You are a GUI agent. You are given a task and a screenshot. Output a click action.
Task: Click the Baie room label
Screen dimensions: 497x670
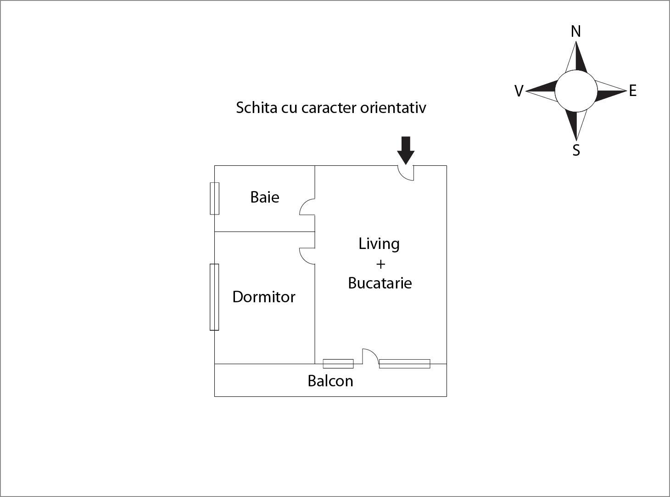(265, 197)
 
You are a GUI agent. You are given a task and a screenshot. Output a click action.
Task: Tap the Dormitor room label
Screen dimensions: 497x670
(264, 297)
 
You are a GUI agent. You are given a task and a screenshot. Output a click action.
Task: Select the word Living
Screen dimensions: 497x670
(379, 244)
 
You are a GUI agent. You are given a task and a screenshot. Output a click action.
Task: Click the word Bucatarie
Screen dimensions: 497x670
(380, 283)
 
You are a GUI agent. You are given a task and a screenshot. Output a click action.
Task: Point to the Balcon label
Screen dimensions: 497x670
(330, 381)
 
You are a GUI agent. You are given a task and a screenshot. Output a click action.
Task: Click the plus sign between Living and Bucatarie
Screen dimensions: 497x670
(380, 264)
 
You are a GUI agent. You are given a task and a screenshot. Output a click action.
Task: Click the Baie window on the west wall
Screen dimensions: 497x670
(214, 198)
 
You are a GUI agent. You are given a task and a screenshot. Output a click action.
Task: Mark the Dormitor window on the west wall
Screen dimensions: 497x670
(214, 297)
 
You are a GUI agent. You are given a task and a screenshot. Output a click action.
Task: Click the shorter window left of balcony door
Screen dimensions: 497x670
(338, 364)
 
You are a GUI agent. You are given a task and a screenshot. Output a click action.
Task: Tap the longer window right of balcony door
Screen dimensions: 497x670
(405, 364)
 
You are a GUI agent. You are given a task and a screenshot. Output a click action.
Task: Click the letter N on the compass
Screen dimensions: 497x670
(576, 31)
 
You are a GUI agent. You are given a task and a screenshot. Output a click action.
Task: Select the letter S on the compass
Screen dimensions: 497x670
(576, 150)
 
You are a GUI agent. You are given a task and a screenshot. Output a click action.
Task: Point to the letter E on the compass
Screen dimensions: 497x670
(633, 91)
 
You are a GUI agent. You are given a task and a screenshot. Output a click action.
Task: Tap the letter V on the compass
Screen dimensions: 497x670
(519, 91)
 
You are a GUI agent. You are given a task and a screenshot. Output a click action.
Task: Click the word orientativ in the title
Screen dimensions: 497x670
(393, 107)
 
